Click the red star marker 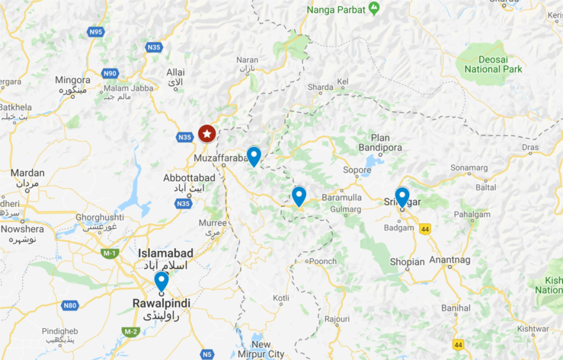click(207, 134)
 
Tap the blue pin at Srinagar click(402, 197)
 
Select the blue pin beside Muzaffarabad click(253, 156)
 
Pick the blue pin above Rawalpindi click(161, 280)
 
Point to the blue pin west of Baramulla click(299, 196)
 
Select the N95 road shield click(96, 32)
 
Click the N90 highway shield click(110, 73)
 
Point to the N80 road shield click(70, 305)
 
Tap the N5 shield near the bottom click(206, 355)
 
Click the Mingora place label click(73, 80)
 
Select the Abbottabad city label click(189, 178)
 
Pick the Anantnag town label click(449, 258)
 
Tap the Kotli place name click(281, 298)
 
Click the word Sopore click(357, 170)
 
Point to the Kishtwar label click(533, 329)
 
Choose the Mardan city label click(27, 173)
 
